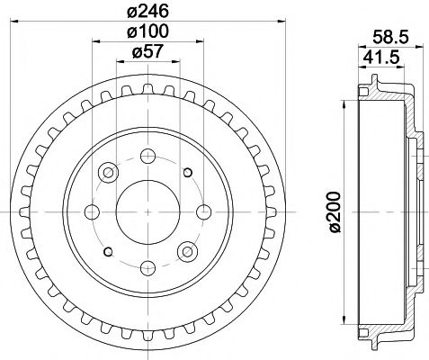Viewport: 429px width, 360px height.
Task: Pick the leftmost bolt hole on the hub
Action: click(x=91, y=211)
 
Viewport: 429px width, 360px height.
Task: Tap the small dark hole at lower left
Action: click(x=109, y=251)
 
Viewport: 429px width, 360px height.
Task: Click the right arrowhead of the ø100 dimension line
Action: click(x=203, y=43)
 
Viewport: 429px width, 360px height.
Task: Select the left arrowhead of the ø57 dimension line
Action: click(x=120, y=63)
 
